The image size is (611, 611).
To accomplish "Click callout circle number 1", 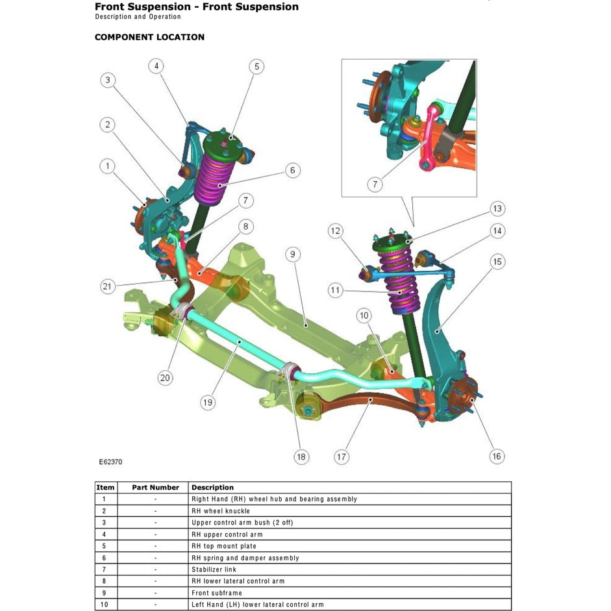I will pos(108,166).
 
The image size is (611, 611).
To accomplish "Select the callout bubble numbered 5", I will pos(256,66).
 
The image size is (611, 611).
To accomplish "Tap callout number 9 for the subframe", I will pos(292,253).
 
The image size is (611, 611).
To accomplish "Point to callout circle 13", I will pos(497,208).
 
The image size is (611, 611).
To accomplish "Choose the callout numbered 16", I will pos(497,456).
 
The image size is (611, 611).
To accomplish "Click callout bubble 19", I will pos(207,403).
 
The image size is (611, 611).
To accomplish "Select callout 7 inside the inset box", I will pos(375,184).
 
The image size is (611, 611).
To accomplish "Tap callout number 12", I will pos(335,231).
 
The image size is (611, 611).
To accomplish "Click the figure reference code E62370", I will pos(110,462).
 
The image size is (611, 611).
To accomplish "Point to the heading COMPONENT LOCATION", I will pos(149,37).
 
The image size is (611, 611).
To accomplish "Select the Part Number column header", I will pos(155,488).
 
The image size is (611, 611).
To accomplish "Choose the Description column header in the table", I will pos(212,488).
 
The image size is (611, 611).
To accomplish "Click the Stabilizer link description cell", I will pos(214,569).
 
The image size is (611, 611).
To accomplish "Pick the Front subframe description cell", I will pos(216,593).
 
